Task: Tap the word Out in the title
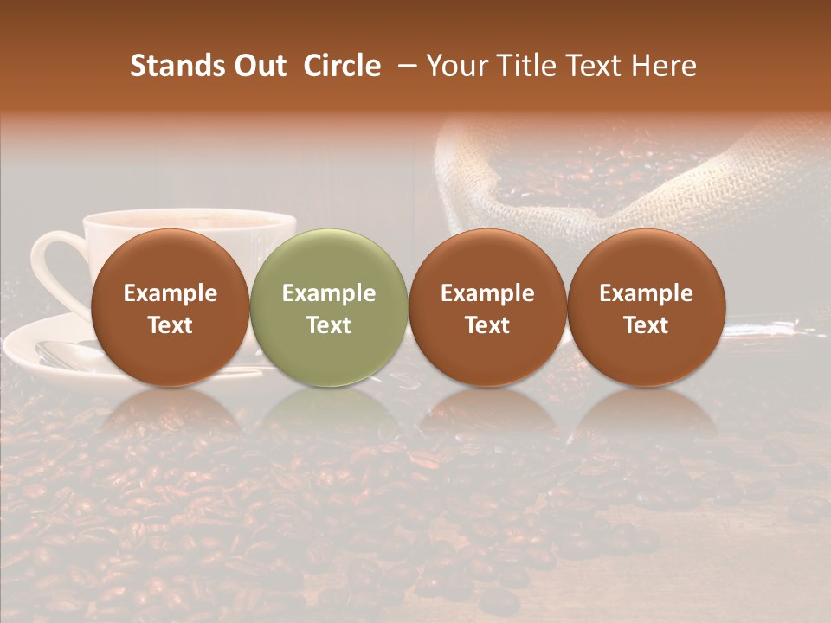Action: tap(258, 66)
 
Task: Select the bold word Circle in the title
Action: tap(342, 66)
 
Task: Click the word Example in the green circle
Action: tap(329, 293)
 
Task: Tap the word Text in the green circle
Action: tap(329, 325)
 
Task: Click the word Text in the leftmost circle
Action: tap(171, 325)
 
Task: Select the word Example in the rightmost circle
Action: tap(647, 293)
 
